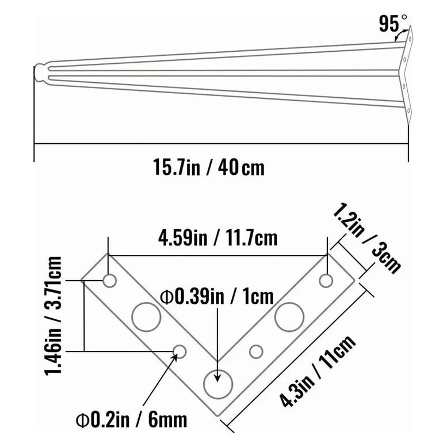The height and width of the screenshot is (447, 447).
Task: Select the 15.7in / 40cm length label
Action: pyautogui.click(x=209, y=167)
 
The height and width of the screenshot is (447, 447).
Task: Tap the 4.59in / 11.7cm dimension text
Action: pyautogui.click(x=218, y=238)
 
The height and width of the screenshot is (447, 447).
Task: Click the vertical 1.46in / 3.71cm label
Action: pyautogui.click(x=54, y=316)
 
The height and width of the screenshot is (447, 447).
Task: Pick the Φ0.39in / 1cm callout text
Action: pyautogui.click(x=217, y=296)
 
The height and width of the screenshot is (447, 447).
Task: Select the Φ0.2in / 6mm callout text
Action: pyautogui.click(x=132, y=419)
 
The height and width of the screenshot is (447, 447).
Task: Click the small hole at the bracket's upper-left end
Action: pyautogui.click(x=110, y=281)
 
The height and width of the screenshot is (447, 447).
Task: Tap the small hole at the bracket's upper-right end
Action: pyautogui.click(x=326, y=281)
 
